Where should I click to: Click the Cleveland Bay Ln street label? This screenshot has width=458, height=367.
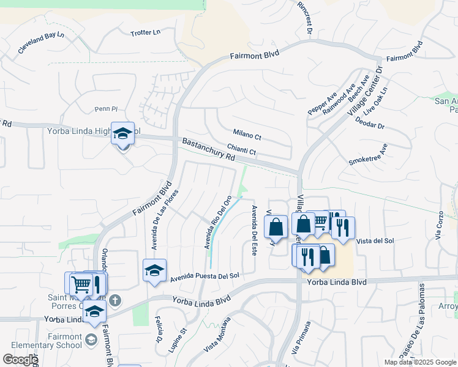click(x=41, y=43)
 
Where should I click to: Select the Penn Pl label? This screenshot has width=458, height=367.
click(x=105, y=109)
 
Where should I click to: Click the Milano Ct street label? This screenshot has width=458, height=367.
click(x=247, y=134)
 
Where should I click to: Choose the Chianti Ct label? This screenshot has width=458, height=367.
click(x=241, y=149)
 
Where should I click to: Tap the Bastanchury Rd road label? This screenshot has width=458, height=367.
click(x=209, y=149)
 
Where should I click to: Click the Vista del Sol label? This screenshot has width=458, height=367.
click(x=375, y=241)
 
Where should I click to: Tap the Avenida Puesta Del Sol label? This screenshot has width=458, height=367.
click(x=205, y=276)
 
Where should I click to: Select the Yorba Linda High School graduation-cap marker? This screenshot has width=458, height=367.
click(x=123, y=133)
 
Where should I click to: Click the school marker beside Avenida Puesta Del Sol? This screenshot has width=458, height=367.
click(x=154, y=270)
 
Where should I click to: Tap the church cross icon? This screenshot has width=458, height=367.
click(x=117, y=300)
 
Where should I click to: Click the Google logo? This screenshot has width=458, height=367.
click(x=20, y=360)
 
